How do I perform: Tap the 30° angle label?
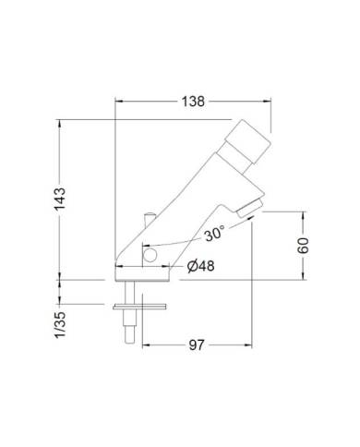214,236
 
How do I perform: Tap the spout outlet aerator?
246,213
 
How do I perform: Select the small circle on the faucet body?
150,251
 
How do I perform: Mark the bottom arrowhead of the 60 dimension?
305,276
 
